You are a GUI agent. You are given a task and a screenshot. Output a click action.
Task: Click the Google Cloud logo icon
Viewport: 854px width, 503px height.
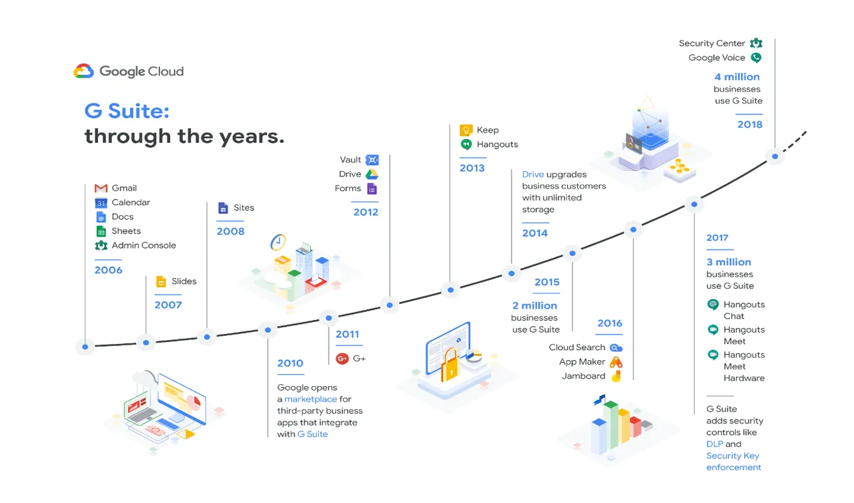(83, 71)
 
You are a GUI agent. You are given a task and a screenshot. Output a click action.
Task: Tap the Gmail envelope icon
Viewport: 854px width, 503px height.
(101, 188)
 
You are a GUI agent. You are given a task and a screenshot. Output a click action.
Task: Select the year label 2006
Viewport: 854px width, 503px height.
(109, 270)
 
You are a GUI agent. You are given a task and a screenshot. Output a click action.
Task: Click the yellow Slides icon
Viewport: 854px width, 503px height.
(161, 281)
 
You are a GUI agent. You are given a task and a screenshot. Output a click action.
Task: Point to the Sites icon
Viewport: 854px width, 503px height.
(223, 208)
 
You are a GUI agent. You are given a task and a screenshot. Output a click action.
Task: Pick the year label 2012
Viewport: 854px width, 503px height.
(366, 212)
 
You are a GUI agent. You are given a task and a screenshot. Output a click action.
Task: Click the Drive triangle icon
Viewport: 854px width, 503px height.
(372, 174)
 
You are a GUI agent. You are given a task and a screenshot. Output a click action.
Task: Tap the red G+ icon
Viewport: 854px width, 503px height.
(342, 359)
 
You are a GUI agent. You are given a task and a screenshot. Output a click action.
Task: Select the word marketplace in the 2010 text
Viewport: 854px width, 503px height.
(311, 399)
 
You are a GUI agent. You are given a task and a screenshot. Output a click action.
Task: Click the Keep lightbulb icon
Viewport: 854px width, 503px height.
(466, 130)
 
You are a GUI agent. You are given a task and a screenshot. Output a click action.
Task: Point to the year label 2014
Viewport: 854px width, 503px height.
(535, 233)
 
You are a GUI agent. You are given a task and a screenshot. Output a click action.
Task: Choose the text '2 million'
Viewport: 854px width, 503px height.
(535, 306)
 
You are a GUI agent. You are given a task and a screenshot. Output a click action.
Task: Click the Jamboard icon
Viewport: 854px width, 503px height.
(616, 376)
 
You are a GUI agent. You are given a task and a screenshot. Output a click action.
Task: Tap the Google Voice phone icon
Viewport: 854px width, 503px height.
(756, 57)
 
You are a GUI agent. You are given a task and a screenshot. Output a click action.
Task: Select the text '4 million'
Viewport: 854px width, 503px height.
(737, 77)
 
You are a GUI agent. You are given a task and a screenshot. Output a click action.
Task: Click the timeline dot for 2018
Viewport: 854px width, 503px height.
(775, 156)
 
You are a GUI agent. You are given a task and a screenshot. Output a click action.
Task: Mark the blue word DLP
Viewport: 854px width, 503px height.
(715, 444)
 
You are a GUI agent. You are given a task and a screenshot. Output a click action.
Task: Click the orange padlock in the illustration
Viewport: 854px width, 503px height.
(450, 365)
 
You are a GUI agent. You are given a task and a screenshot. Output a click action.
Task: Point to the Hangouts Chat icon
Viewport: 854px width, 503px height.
(713, 305)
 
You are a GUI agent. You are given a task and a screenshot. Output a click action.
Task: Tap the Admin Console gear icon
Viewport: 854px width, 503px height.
(101, 245)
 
